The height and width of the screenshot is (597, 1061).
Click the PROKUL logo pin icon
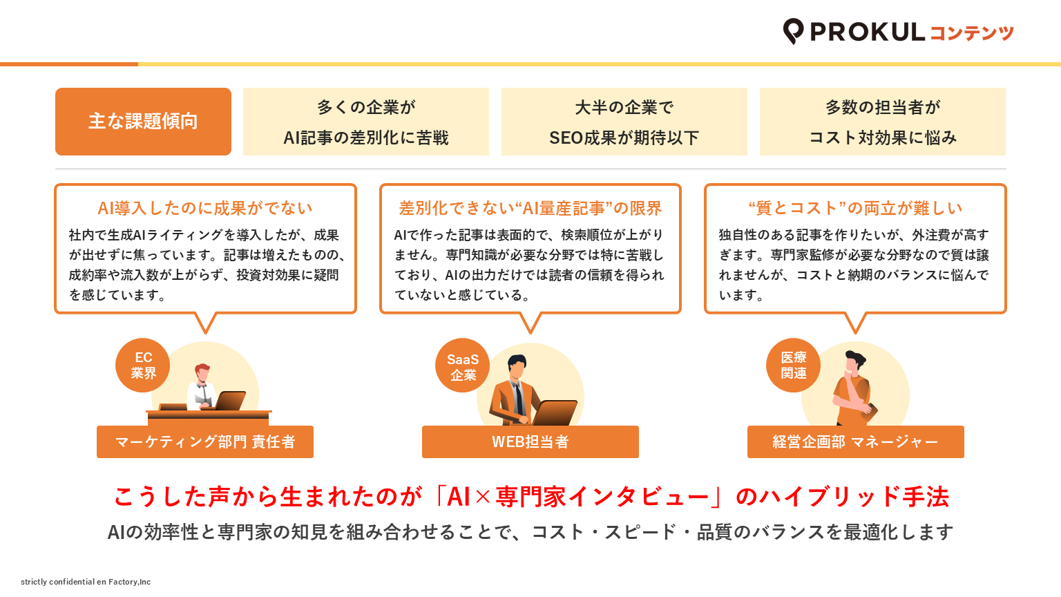pyautogui.click(x=793, y=31)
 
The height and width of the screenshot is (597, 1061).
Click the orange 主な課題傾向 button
pyautogui.click(x=143, y=122)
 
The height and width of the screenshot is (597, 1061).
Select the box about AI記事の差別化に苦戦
pyautogui.click(x=365, y=122)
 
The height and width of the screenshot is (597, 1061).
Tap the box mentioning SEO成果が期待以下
pyautogui.click(x=624, y=122)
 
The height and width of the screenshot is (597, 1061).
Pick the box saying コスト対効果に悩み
pyautogui.click(x=882, y=122)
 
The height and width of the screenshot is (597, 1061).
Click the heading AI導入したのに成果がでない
pyautogui.click(x=205, y=208)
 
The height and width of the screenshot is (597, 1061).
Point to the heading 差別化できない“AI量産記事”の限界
pyautogui.click(x=530, y=208)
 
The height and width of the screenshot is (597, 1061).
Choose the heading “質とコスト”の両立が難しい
pyautogui.click(x=855, y=208)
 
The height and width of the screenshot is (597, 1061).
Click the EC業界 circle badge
pyautogui.click(x=142, y=365)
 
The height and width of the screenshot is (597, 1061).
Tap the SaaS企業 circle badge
pyautogui.click(x=462, y=366)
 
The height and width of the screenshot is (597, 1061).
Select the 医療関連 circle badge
pyautogui.click(x=794, y=365)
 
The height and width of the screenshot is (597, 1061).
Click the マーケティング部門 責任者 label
pyautogui.click(x=205, y=442)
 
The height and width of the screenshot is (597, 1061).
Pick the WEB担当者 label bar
pyautogui.click(x=530, y=442)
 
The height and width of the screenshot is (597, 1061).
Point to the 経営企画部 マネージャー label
pyautogui.click(x=855, y=442)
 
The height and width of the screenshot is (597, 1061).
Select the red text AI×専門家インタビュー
pyautogui.click(x=577, y=497)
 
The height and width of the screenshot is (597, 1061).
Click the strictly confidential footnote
pyautogui.click(x=86, y=582)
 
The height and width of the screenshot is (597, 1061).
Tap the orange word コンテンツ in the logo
pyautogui.click(x=971, y=32)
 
